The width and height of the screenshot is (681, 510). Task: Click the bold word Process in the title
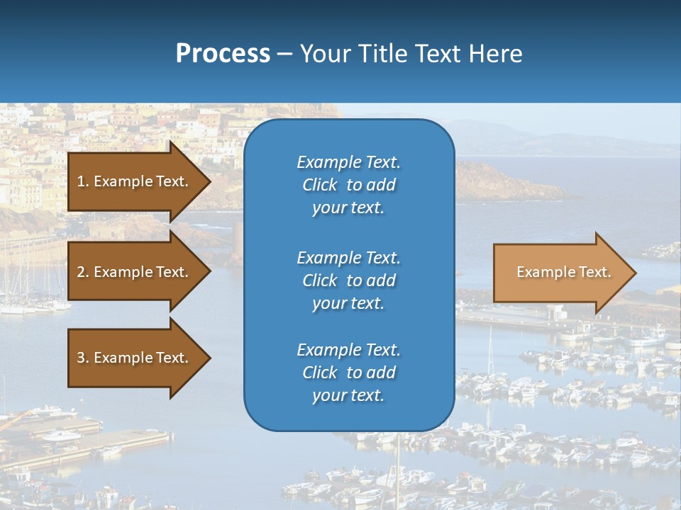click(223, 54)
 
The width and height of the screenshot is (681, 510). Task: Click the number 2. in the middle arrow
click(83, 272)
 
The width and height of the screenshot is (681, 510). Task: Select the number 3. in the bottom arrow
click(83, 358)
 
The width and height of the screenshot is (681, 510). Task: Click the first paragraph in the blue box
click(348, 185)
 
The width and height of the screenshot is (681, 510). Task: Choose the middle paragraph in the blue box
click(348, 280)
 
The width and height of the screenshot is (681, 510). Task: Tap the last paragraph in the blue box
click(348, 373)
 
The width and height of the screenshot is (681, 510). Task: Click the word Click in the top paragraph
click(320, 185)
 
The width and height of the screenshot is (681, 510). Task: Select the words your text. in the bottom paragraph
click(348, 395)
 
